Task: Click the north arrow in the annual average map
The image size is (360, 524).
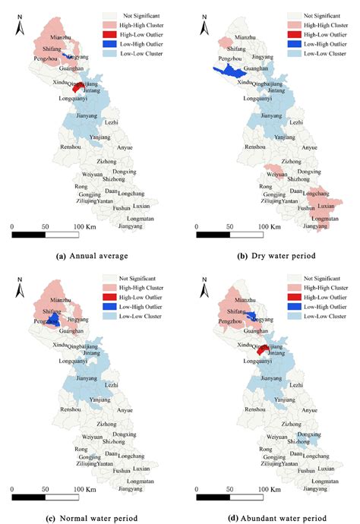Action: [x=17, y=26]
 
